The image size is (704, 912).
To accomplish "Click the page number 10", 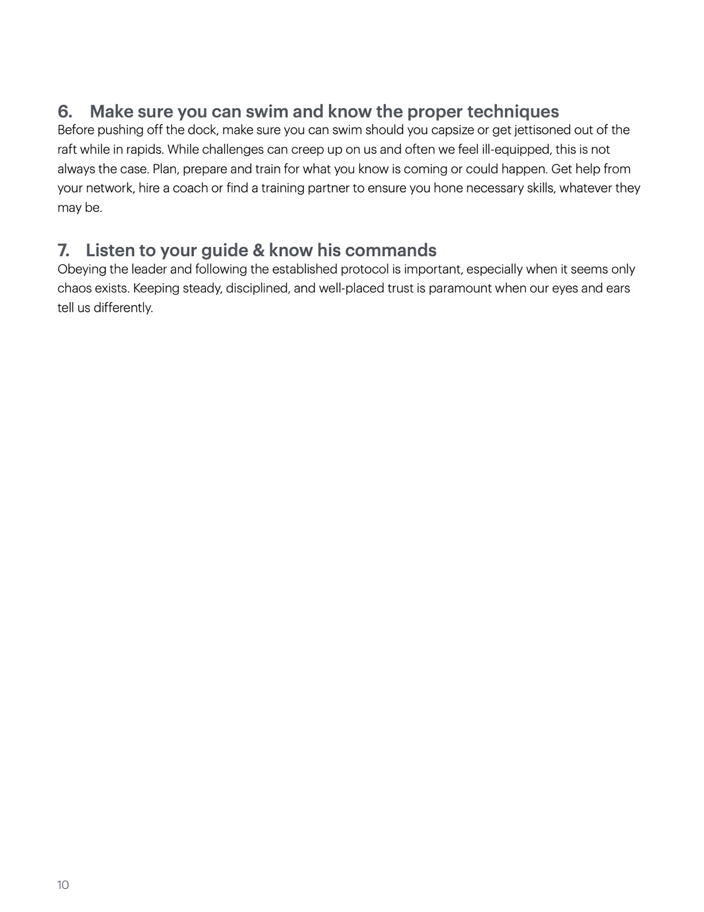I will pyautogui.click(x=63, y=885).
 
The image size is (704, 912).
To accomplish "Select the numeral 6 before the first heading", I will pyautogui.click(x=64, y=112).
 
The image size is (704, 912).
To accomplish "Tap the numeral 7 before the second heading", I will pyautogui.click(x=63, y=250).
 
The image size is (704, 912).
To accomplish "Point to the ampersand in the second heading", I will pyautogui.click(x=258, y=250).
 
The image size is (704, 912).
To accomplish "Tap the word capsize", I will pyautogui.click(x=452, y=130).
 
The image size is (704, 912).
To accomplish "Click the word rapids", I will pyautogui.click(x=144, y=150).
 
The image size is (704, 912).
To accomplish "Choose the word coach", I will pyautogui.click(x=190, y=189).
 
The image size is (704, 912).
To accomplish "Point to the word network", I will pyautogui.click(x=109, y=189).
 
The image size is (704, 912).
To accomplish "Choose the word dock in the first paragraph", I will pyautogui.click(x=202, y=130).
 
